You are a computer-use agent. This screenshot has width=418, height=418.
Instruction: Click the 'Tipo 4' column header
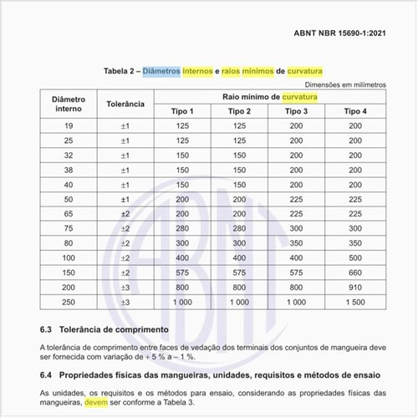pos(354,111)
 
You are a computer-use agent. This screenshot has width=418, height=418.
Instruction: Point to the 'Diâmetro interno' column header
pos(69,104)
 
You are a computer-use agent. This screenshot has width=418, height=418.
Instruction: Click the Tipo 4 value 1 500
pos(354,301)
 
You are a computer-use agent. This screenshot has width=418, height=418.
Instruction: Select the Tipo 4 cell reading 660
pos(354,273)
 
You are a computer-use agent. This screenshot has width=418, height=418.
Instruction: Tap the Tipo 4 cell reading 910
pos(354,287)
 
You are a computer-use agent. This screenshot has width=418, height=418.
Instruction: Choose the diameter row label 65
pos(69,214)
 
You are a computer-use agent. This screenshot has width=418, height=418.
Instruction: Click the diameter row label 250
pos(69,301)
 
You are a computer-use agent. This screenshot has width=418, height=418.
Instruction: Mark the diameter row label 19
pos(69,126)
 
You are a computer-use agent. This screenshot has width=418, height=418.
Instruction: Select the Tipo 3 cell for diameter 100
pos(296,257)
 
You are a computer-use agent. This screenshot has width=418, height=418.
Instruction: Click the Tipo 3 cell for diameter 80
pos(296,243)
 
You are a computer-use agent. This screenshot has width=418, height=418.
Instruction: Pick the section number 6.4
pos(48,374)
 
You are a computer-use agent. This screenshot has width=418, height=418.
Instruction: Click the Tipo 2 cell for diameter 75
pos(239,228)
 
